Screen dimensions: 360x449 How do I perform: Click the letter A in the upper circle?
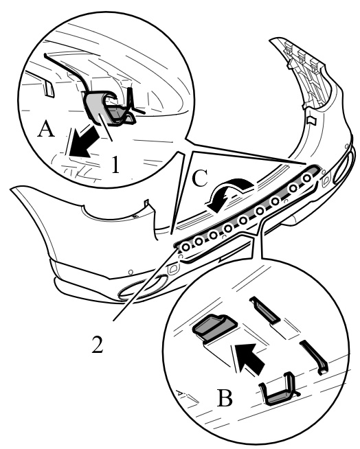click(x=46, y=129)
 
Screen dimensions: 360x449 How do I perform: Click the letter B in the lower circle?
click(x=225, y=398)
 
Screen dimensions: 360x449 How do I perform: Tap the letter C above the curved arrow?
click(x=199, y=179)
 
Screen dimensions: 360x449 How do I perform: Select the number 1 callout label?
click(x=115, y=164)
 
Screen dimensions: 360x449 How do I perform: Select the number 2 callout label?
click(x=97, y=344)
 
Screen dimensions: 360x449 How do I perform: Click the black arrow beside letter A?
click(x=82, y=142)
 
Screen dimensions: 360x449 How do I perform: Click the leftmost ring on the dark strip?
click(x=185, y=246)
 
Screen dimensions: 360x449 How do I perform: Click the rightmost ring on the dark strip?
click(x=307, y=178)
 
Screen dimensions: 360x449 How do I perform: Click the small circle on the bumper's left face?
click(x=131, y=272)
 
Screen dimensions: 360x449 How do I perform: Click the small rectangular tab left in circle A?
click(x=49, y=88)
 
